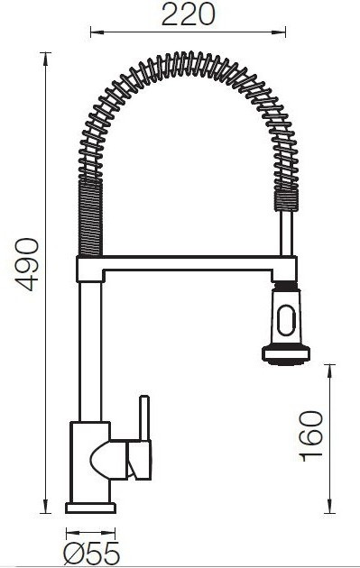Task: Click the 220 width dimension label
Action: click(x=189, y=14)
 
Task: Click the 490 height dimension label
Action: click(x=26, y=264)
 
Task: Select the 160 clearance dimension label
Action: click(x=312, y=435)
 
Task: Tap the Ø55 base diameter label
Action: click(x=91, y=554)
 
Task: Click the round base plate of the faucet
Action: click(x=90, y=508)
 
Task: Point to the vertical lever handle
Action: click(x=144, y=418)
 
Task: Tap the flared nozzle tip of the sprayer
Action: click(x=286, y=354)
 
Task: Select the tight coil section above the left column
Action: click(x=90, y=217)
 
